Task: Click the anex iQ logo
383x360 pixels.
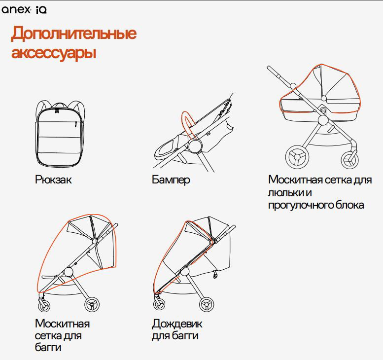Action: click(x=24, y=9)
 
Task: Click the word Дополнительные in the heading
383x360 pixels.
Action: click(x=74, y=34)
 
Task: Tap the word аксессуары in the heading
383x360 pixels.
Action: click(x=54, y=52)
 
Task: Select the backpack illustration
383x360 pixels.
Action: click(x=60, y=134)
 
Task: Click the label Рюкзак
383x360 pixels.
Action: click(x=53, y=180)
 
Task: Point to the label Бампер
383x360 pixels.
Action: click(x=171, y=180)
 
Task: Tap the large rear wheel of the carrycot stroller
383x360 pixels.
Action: click(x=297, y=157)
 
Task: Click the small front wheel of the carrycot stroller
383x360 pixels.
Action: click(x=350, y=160)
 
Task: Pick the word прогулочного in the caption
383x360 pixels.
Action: click(x=300, y=205)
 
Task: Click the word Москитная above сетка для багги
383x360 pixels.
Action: click(x=62, y=324)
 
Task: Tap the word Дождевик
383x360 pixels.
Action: click(x=177, y=324)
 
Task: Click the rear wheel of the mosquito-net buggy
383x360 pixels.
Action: click(x=92, y=305)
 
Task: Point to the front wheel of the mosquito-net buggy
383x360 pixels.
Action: click(x=44, y=305)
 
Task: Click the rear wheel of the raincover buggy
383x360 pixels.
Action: click(x=207, y=305)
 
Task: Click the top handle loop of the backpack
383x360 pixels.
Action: click(x=60, y=105)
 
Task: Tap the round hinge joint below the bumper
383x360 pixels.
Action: click(x=195, y=146)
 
